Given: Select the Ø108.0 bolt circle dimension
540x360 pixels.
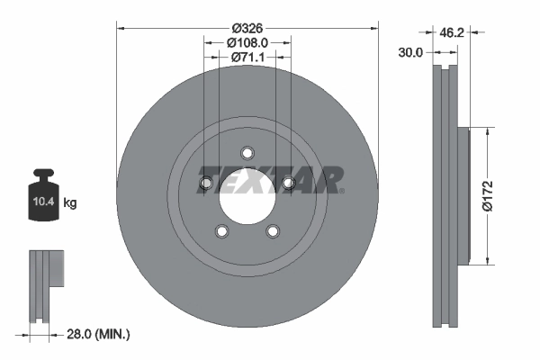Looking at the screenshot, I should pos(247,40).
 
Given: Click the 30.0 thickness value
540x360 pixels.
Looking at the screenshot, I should pos(410,53).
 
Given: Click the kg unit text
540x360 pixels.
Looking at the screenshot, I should pos(69,203).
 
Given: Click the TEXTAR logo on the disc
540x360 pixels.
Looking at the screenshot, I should pos(270,179).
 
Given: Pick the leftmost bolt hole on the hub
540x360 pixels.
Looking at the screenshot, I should pos(205,184).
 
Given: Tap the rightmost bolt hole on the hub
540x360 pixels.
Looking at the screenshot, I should pos(289,184).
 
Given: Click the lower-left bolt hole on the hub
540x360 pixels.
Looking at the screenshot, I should pos(221,231).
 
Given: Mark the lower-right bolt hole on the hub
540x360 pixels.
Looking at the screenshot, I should pos(273,231).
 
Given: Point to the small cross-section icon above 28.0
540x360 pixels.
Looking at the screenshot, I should pos(47,286).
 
